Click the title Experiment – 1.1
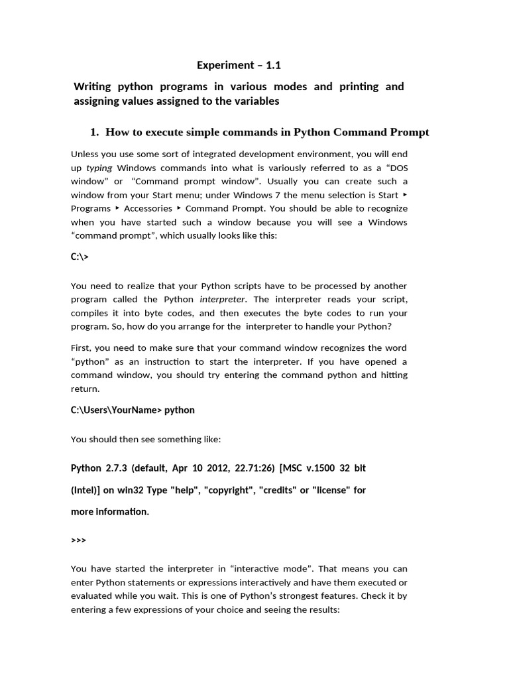pyautogui.click(x=235, y=65)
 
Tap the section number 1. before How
pyautogui.click(x=94, y=132)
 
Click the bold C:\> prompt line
pyautogui.click(x=80, y=257)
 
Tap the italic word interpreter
pyautogui.click(x=218, y=299)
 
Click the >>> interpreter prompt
pyautogui.click(x=78, y=540)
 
